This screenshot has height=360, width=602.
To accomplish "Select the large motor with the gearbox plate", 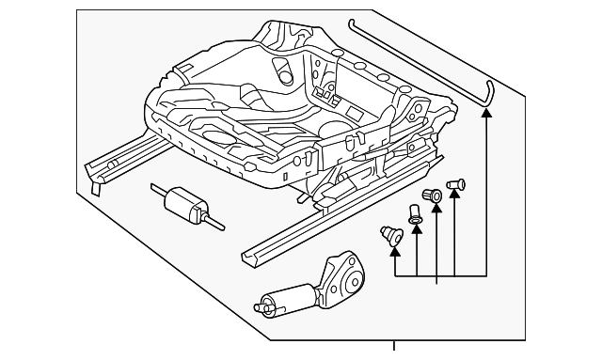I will point(310,287).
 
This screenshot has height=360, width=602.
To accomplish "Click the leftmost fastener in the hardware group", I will point(387,232).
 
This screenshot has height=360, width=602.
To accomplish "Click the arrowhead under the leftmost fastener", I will point(394,247).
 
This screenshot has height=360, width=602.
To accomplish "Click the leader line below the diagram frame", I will point(394,350).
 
